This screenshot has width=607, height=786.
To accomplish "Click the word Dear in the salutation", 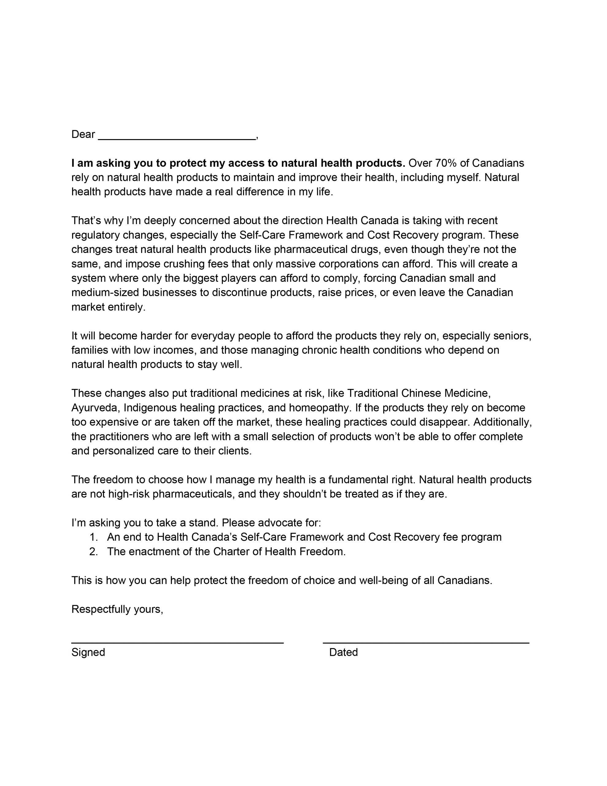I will pyautogui.click(x=83, y=134).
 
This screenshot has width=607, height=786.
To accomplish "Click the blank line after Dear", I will pyautogui.click(x=177, y=138).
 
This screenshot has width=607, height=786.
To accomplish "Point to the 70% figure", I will pyautogui.click(x=446, y=163).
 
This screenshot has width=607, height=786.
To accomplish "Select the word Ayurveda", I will pyautogui.click(x=96, y=408).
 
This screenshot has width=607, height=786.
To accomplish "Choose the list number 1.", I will pyautogui.click(x=93, y=537).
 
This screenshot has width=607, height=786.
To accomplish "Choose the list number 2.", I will pyautogui.click(x=93, y=551).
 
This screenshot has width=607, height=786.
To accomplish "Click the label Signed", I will pyautogui.click(x=88, y=652).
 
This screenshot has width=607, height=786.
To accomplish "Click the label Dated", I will pyautogui.click(x=343, y=652).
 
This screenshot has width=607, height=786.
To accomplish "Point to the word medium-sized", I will pyautogui.click(x=105, y=293).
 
